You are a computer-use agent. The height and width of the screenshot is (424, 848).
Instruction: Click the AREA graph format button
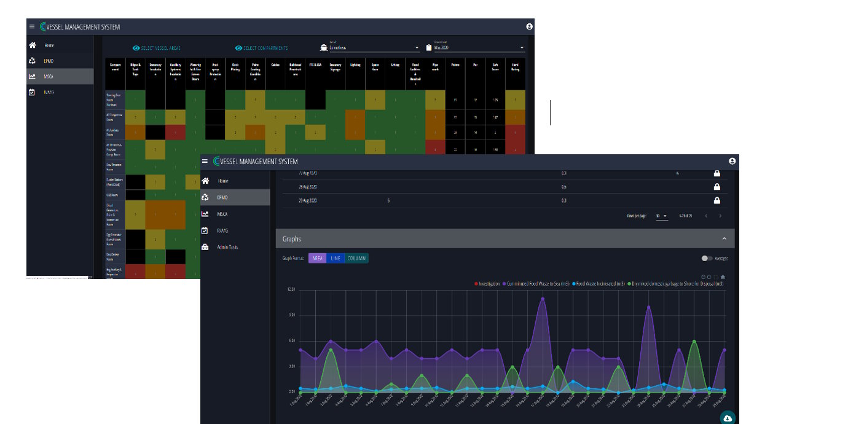point(318,258)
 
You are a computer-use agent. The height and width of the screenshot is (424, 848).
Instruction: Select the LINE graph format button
point(336,258)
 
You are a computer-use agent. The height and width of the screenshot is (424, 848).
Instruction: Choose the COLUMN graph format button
point(357,258)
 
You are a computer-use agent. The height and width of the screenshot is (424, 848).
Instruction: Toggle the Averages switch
point(707,258)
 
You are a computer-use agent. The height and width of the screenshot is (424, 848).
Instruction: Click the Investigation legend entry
point(487,284)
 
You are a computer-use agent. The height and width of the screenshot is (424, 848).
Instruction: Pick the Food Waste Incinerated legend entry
point(599,284)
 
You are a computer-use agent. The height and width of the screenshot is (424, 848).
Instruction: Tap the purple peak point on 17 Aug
point(542,299)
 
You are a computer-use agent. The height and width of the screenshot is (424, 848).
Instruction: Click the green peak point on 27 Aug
point(694,342)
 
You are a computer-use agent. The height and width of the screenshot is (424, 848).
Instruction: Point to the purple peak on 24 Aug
point(648,307)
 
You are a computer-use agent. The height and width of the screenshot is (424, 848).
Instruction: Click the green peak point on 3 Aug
point(331,350)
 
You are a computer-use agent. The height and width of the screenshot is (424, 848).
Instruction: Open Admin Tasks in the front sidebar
point(227,247)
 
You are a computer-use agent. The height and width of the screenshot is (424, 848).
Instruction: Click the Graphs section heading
point(292,238)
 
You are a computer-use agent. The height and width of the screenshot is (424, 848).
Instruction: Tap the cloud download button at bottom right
point(728,418)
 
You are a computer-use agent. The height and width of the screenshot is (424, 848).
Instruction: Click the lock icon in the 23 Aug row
point(716,200)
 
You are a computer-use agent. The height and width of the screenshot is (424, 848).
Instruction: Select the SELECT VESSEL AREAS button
point(157,48)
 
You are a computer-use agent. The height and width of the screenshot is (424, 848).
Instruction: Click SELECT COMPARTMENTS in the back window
point(261,48)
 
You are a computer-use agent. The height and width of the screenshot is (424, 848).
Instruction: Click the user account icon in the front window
point(732,161)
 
